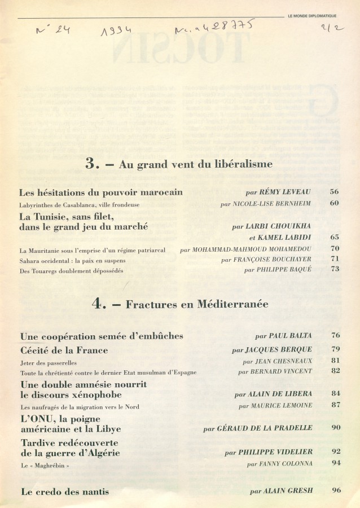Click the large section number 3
coord(92,164)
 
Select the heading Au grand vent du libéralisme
coord(196,165)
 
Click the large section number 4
coord(99,304)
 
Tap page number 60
coord(334,203)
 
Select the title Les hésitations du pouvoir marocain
coord(101,192)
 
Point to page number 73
coord(334,269)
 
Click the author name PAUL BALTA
coord(290,335)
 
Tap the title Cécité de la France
coord(64,350)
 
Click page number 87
coord(334,405)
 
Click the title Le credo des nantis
coord(65,492)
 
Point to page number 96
coord(336,491)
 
